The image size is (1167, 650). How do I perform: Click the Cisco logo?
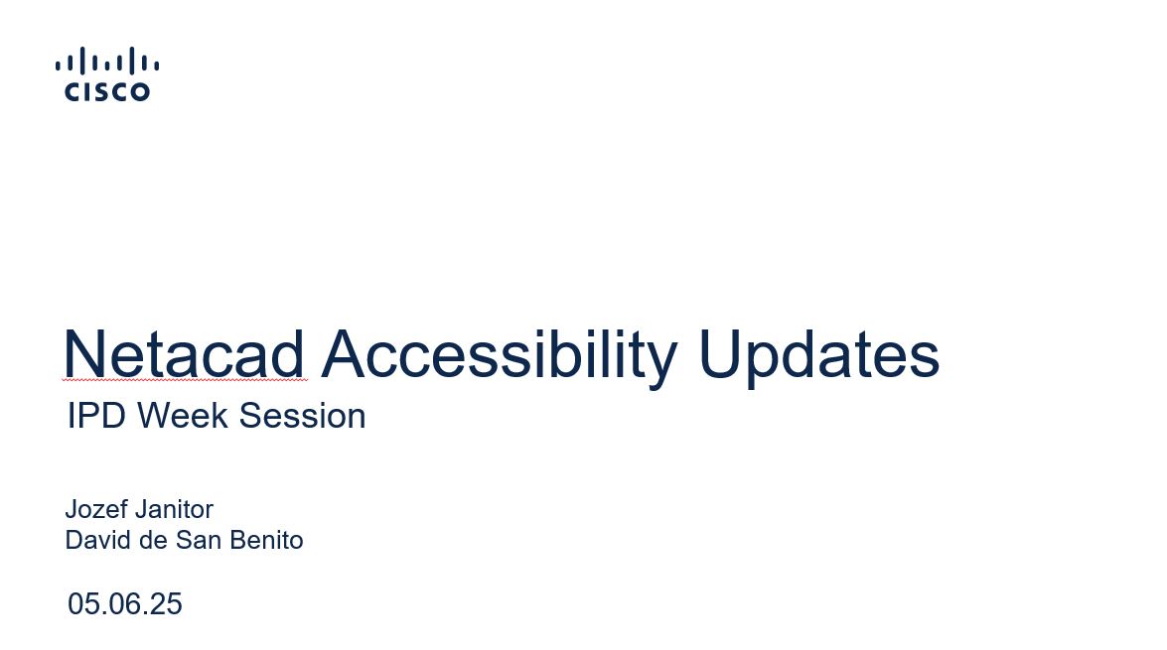pos(107,73)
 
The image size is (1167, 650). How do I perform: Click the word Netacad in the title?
pos(184,354)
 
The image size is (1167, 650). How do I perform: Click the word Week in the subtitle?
pos(183,415)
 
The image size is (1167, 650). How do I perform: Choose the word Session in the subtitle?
pos(302,415)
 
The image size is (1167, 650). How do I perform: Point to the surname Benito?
pos(266,540)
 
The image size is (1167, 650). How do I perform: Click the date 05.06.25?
pos(125,604)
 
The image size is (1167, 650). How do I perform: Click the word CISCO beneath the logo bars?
pos(107,91)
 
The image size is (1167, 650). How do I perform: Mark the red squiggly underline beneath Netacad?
pos(185,380)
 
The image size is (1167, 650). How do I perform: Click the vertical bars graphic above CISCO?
pos(107,61)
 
